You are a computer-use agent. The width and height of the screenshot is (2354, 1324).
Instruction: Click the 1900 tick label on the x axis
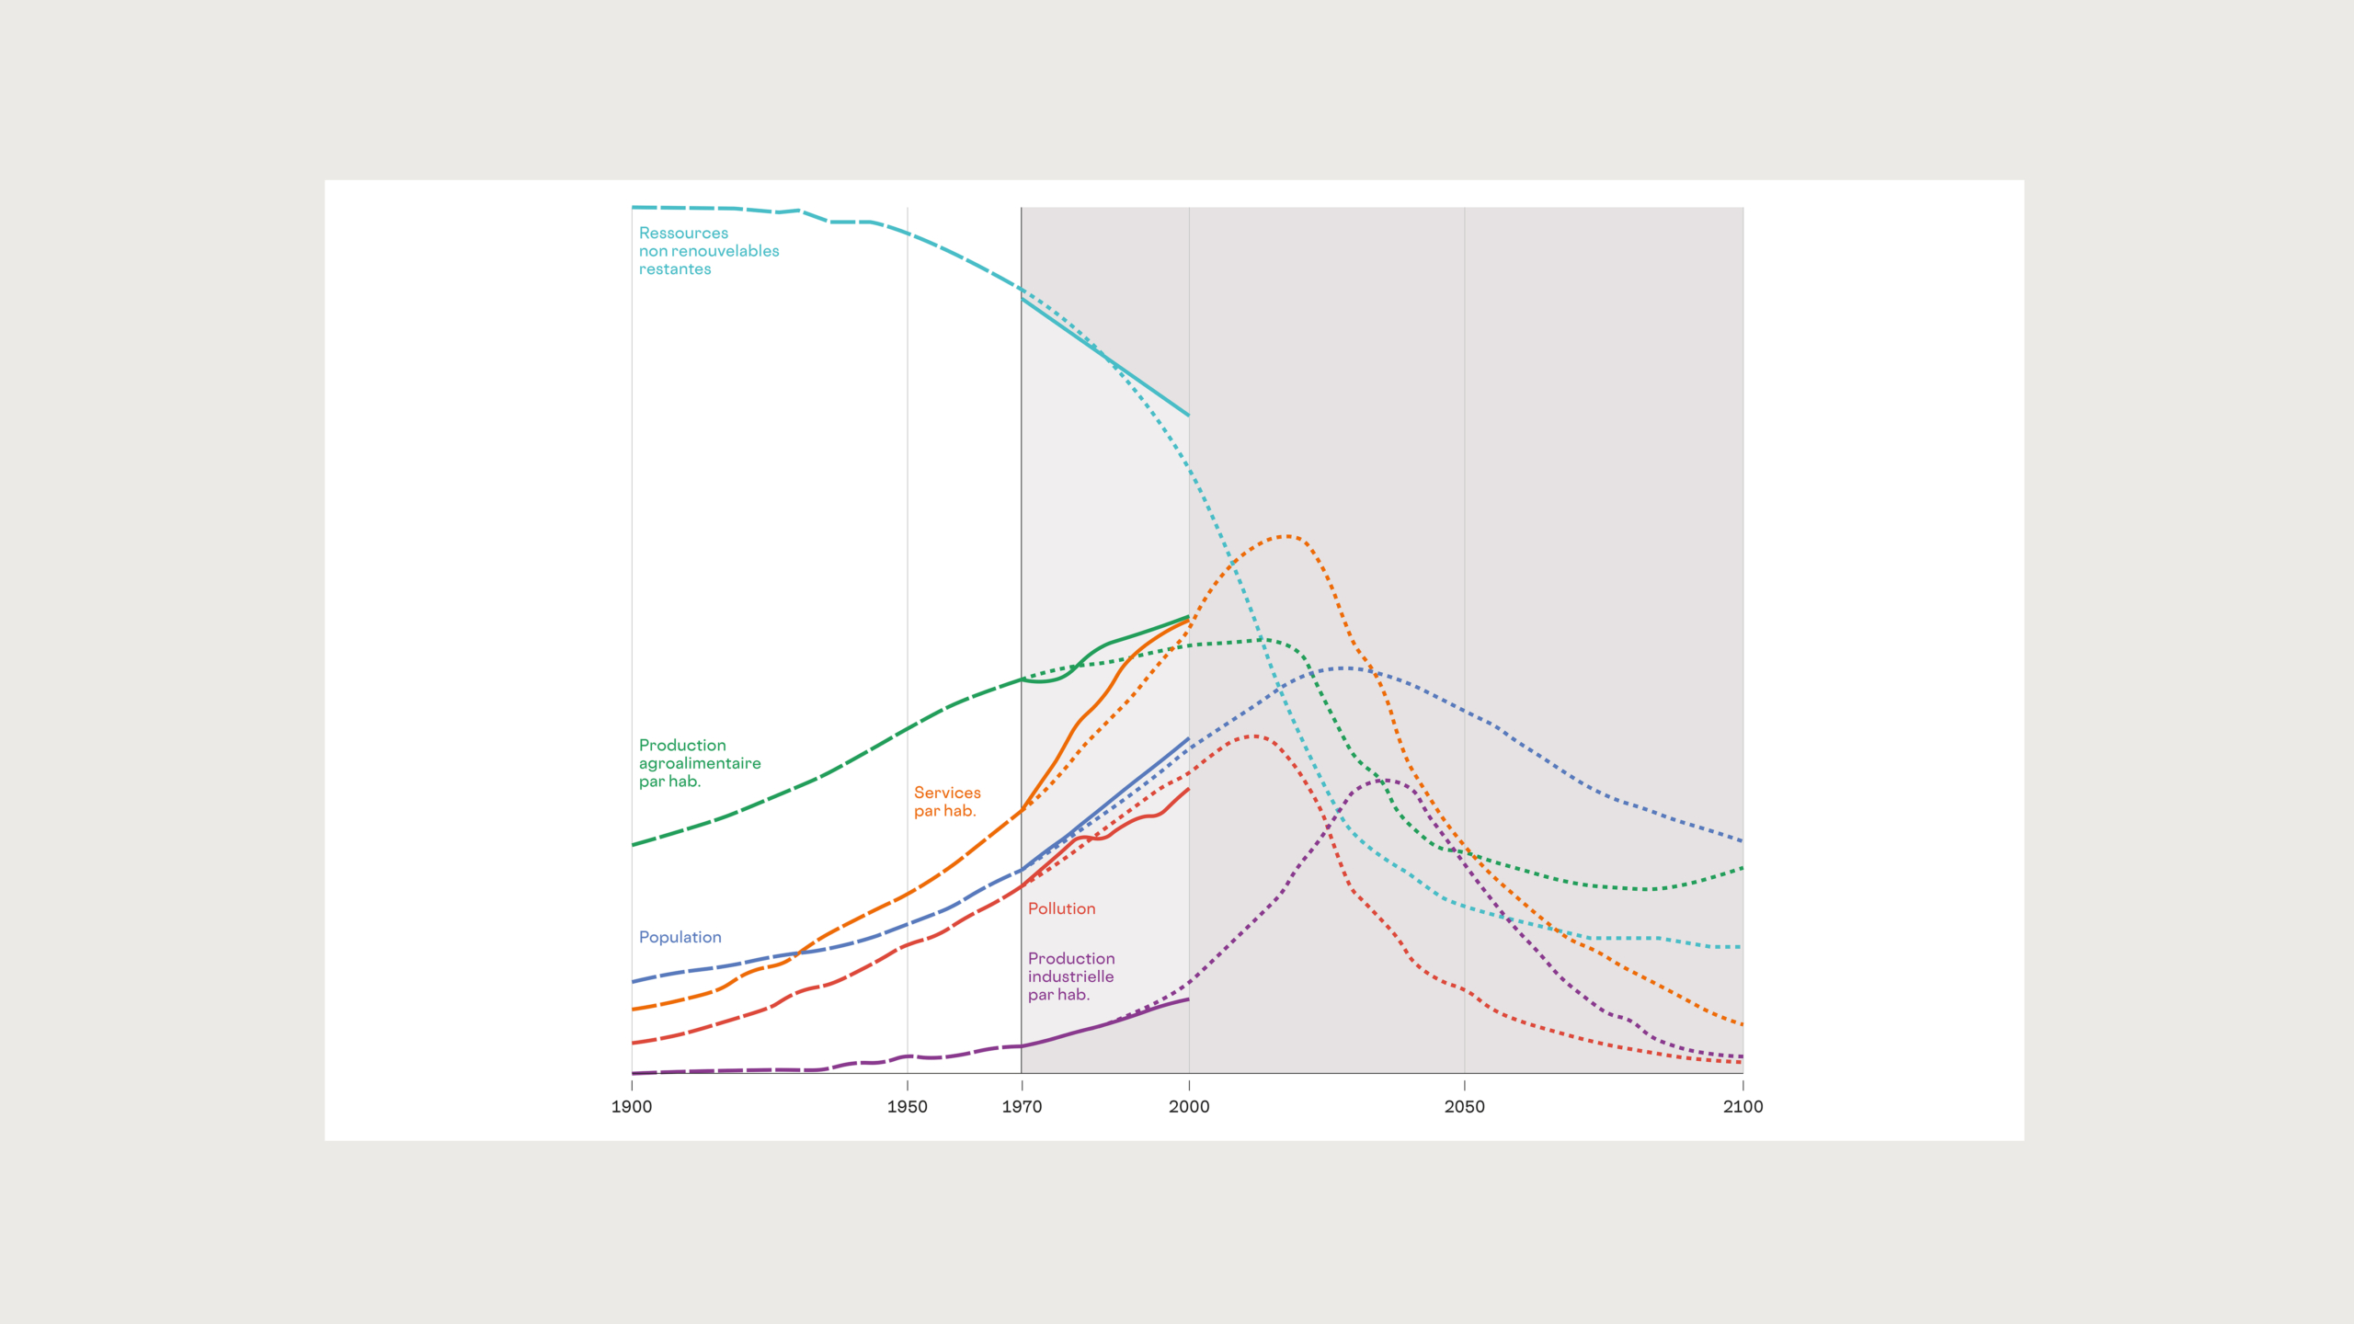[x=632, y=1106]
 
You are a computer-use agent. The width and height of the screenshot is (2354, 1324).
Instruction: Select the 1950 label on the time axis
[x=907, y=1106]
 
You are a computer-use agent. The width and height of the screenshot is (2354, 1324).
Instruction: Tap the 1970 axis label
[x=1022, y=1106]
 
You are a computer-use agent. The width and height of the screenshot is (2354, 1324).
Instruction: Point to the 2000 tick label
[x=1189, y=1106]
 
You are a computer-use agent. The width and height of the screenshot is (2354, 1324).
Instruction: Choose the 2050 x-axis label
[x=1464, y=1106]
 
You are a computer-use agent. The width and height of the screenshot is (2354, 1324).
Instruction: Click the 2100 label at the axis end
[x=1743, y=1106]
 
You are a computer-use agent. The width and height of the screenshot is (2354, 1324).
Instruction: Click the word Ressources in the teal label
[x=683, y=234]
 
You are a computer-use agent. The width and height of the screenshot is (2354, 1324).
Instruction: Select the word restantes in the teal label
[x=675, y=269]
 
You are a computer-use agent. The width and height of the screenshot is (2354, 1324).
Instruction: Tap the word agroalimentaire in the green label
[x=700, y=763]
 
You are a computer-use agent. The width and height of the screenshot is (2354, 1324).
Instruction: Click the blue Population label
[x=680, y=937]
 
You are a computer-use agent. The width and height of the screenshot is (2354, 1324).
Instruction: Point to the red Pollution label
[x=1061, y=908]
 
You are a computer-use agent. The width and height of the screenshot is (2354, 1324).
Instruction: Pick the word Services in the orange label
[x=947, y=793]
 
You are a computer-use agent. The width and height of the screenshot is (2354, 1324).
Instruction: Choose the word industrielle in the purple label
[x=1070, y=976]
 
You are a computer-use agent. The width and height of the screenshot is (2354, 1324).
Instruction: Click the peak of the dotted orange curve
[x=1286, y=536]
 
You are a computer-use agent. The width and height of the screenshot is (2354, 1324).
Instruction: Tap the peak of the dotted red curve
[x=1254, y=736]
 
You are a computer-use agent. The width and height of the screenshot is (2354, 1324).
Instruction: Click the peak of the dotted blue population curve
[x=1347, y=668]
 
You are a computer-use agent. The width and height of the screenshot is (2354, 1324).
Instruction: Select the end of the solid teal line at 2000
[x=1188, y=416]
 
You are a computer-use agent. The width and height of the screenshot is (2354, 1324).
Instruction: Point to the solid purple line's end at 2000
[x=1188, y=999]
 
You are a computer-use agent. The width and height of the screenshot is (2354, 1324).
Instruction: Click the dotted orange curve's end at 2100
[x=1742, y=1024]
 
